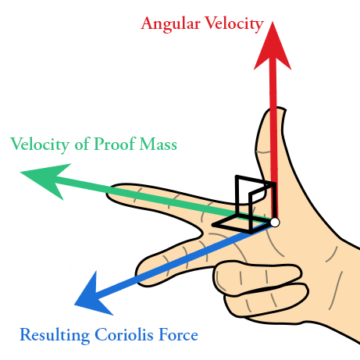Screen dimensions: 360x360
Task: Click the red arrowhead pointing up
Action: point(273,48)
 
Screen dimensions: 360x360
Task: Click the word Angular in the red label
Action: point(170,24)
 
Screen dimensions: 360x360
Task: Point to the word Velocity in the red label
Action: point(234,24)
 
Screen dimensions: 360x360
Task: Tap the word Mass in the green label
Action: point(158,144)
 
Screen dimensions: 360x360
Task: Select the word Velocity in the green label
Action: point(40,144)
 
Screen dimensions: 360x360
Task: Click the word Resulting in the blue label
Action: point(55,335)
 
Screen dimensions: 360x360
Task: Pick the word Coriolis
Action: point(124,335)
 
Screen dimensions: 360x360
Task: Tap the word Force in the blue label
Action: point(178,335)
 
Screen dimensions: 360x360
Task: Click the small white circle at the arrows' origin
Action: point(275,223)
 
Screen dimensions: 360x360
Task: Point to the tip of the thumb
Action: point(280,109)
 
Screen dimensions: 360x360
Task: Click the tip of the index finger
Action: point(109,194)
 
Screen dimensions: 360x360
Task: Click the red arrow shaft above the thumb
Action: point(273,87)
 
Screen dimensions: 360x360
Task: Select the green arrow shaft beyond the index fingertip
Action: point(84,183)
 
